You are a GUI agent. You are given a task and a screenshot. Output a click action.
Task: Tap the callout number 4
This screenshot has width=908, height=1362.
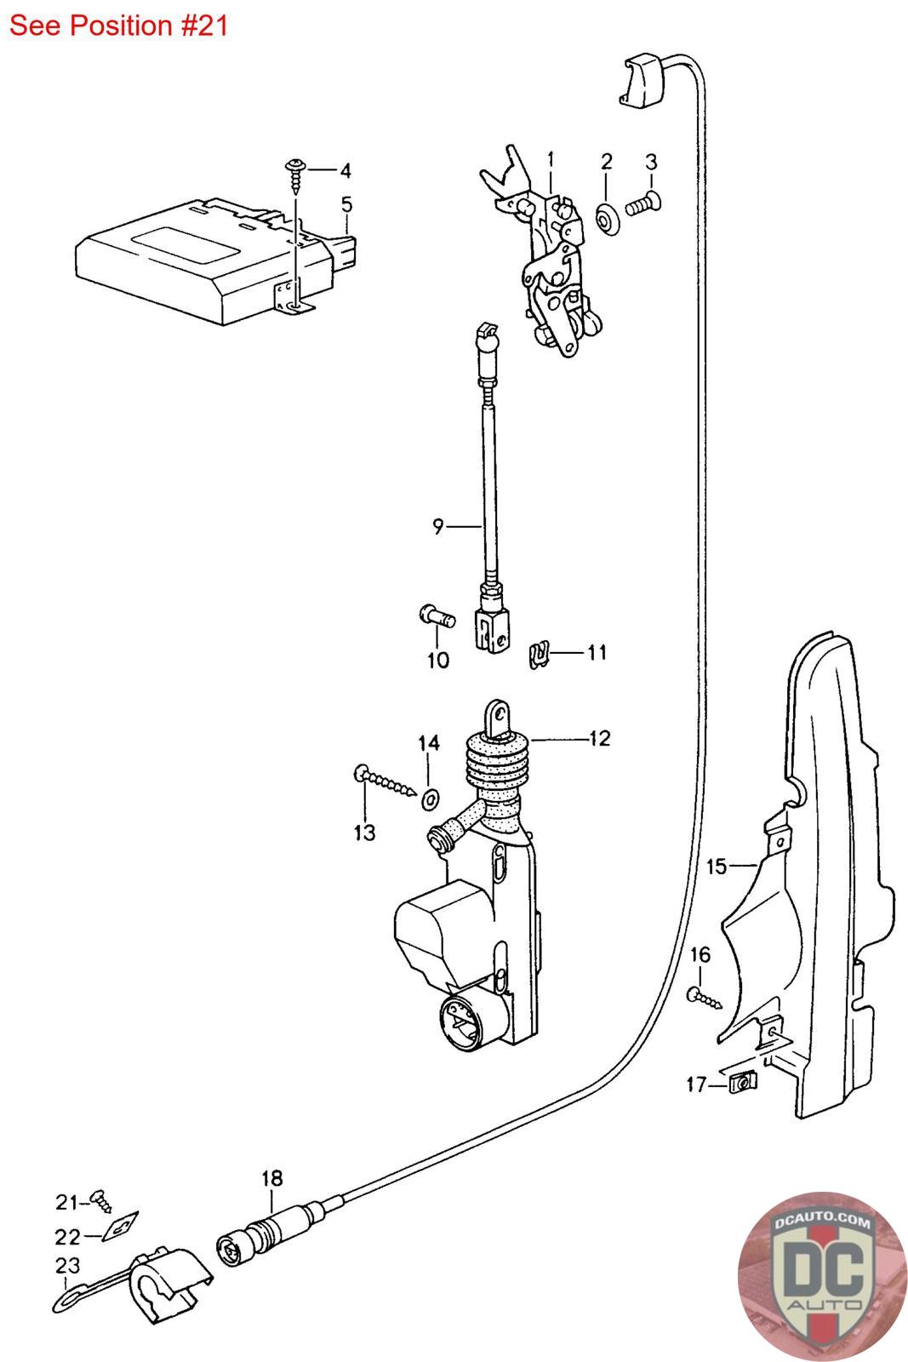[345, 171]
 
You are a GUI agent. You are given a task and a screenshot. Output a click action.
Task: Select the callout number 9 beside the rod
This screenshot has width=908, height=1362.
[437, 527]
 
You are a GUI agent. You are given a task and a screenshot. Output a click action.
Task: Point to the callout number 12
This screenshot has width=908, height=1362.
[599, 738]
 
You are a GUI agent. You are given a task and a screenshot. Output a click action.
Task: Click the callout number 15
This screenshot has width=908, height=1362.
[717, 867]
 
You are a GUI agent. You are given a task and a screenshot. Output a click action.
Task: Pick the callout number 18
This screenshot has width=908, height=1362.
[271, 1178]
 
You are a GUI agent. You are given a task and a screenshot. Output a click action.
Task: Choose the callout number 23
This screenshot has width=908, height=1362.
[67, 1265]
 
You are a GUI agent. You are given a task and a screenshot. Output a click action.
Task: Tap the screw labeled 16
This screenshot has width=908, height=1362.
[705, 996]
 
